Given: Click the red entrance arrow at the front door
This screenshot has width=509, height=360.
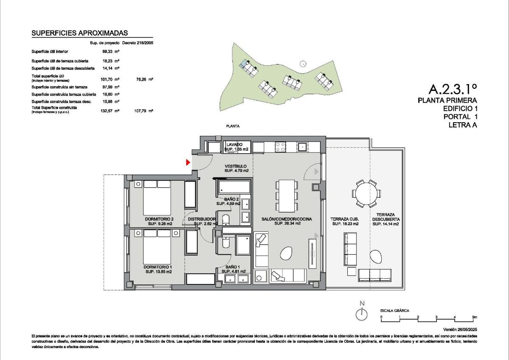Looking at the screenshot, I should point(188,162).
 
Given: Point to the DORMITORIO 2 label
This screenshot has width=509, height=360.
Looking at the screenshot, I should point(159,219).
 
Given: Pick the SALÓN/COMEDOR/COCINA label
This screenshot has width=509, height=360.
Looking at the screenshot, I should point(287,219).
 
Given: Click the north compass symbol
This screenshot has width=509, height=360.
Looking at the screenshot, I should point(361,314).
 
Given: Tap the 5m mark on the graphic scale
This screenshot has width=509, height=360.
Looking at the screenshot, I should point(474,317).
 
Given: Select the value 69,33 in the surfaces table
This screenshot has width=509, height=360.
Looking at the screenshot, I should point(108,51).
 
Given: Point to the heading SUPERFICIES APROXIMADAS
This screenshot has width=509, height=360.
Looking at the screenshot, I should point(80,33).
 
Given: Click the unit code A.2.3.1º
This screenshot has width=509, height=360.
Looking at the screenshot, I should point(453,89).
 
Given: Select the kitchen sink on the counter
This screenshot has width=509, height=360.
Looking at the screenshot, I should point(303,147).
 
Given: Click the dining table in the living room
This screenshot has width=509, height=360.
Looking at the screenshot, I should point(287,196).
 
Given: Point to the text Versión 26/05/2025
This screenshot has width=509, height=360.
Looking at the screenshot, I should point(460,329).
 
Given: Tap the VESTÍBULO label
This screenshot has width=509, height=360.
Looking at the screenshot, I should point(236,166).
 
